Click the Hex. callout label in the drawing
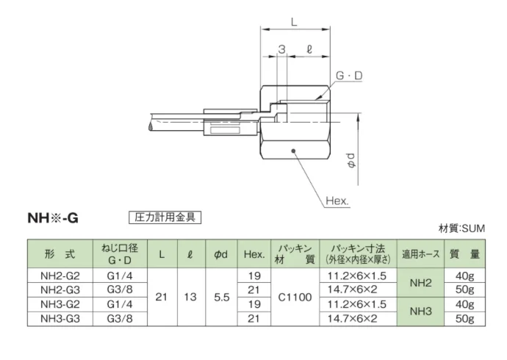(x=337, y=201)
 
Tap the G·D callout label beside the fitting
(x=349, y=76)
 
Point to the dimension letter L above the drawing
(x=294, y=22)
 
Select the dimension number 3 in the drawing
(x=282, y=49)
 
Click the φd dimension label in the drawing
(x=350, y=160)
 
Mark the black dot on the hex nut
(x=294, y=151)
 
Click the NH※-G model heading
(x=53, y=218)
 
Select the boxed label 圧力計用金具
(x=165, y=217)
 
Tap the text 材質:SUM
(x=461, y=228)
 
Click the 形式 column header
(x=60, y=254)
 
